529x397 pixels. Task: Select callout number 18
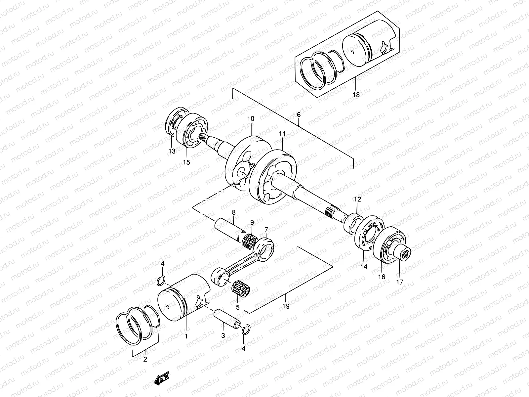(x=356, y=95)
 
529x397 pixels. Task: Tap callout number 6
(x=299, y=115)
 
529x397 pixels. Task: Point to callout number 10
(x=250, y=118)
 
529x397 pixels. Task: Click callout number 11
(x=282, y=134)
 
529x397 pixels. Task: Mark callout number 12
(x=358, y=199)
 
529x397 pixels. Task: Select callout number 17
(x=400, y=282)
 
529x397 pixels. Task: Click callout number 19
(x=286, y=306)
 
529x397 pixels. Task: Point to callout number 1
(x=186, y=336)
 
